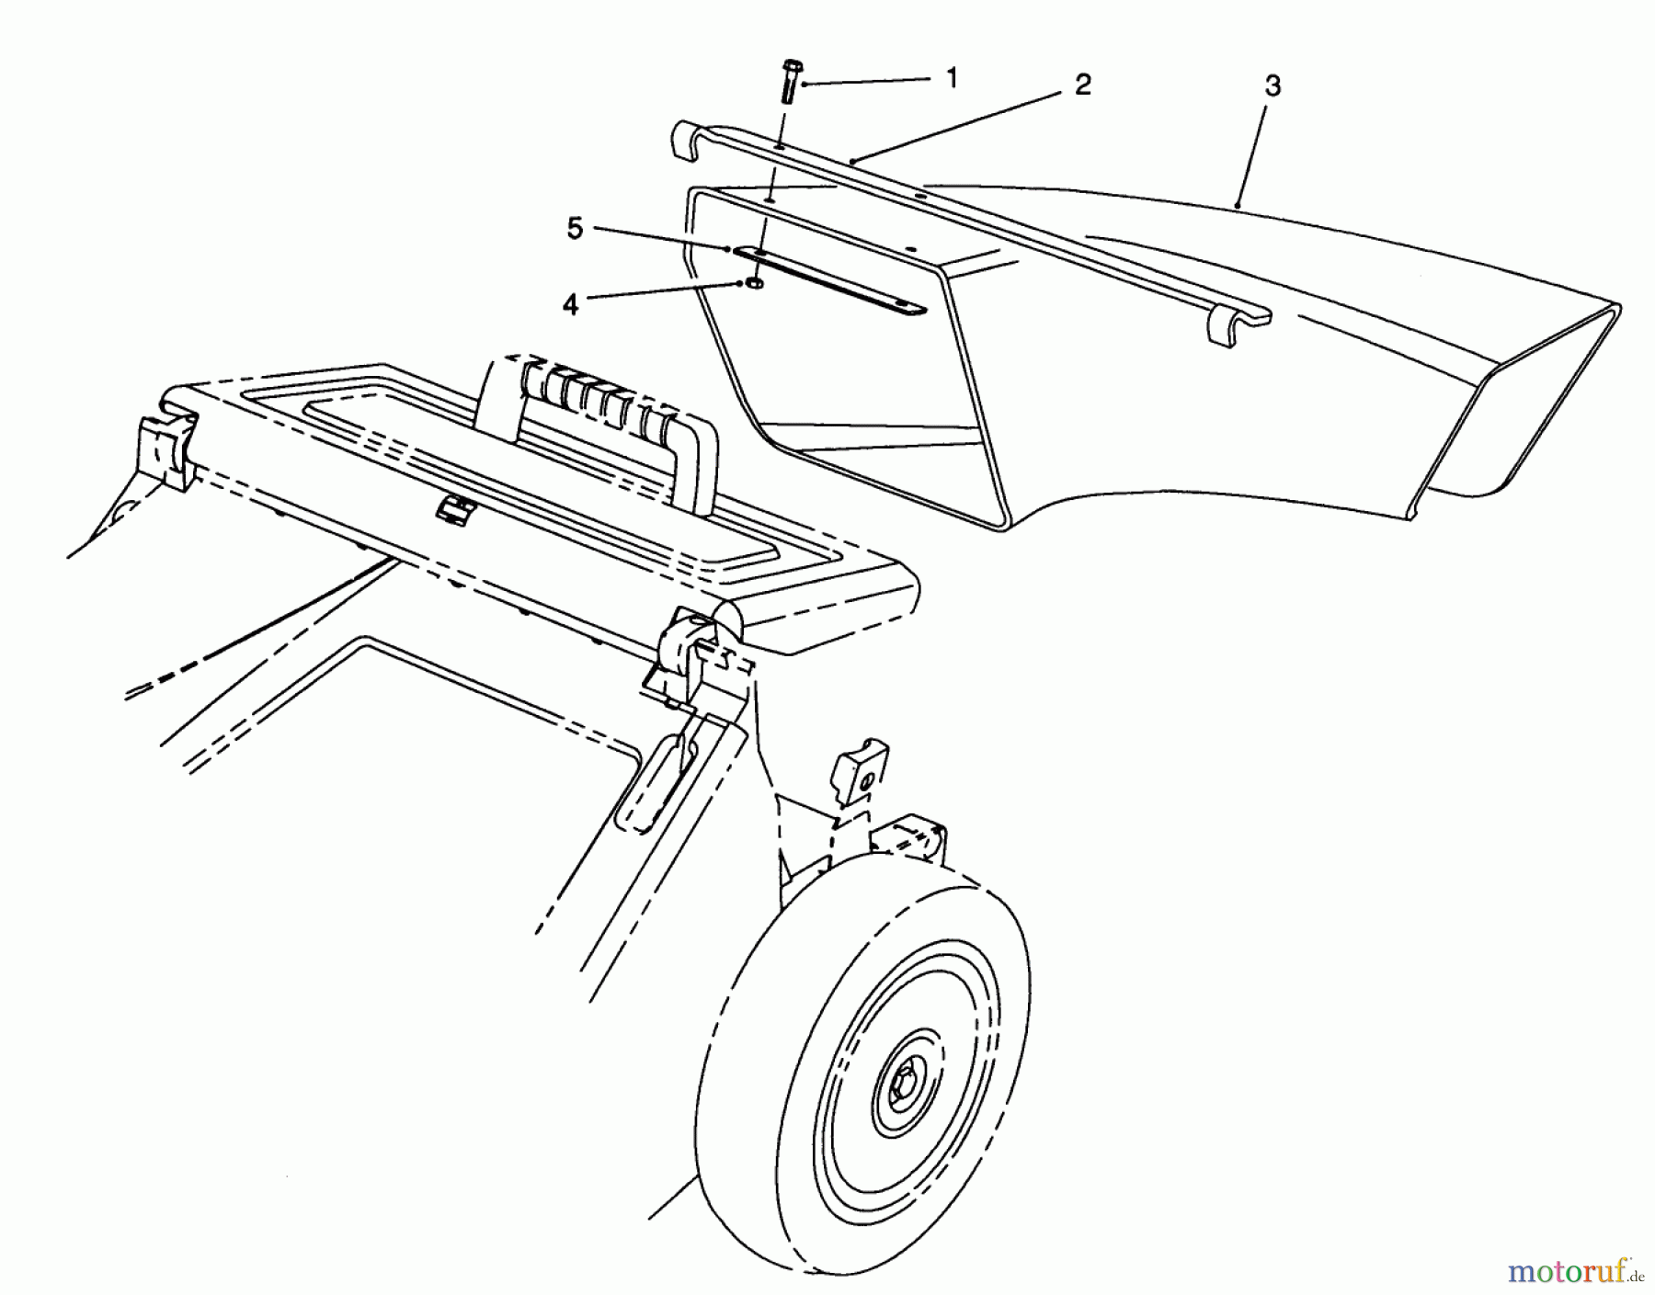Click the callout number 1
[x=953, y=78]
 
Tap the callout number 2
[x=1083, y=85]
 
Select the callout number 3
[x=1273, y=86]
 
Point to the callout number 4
[x=570, y=305]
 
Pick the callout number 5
[x=575, y=230]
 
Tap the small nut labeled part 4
[x=754, y=285]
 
